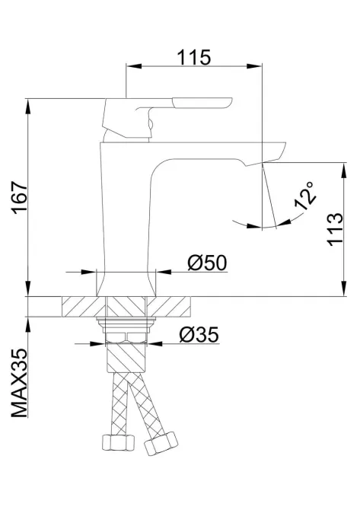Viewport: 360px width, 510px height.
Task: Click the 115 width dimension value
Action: (194, 57)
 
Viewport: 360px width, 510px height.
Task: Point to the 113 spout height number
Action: (332, 229)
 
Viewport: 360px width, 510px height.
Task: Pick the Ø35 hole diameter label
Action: (200, 335)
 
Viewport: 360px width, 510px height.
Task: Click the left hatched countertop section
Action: (80, 306)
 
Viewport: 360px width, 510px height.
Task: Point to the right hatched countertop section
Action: (177, 306)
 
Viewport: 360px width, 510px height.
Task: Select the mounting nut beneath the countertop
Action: (129, 332)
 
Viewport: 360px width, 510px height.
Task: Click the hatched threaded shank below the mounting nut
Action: (129, 358)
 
